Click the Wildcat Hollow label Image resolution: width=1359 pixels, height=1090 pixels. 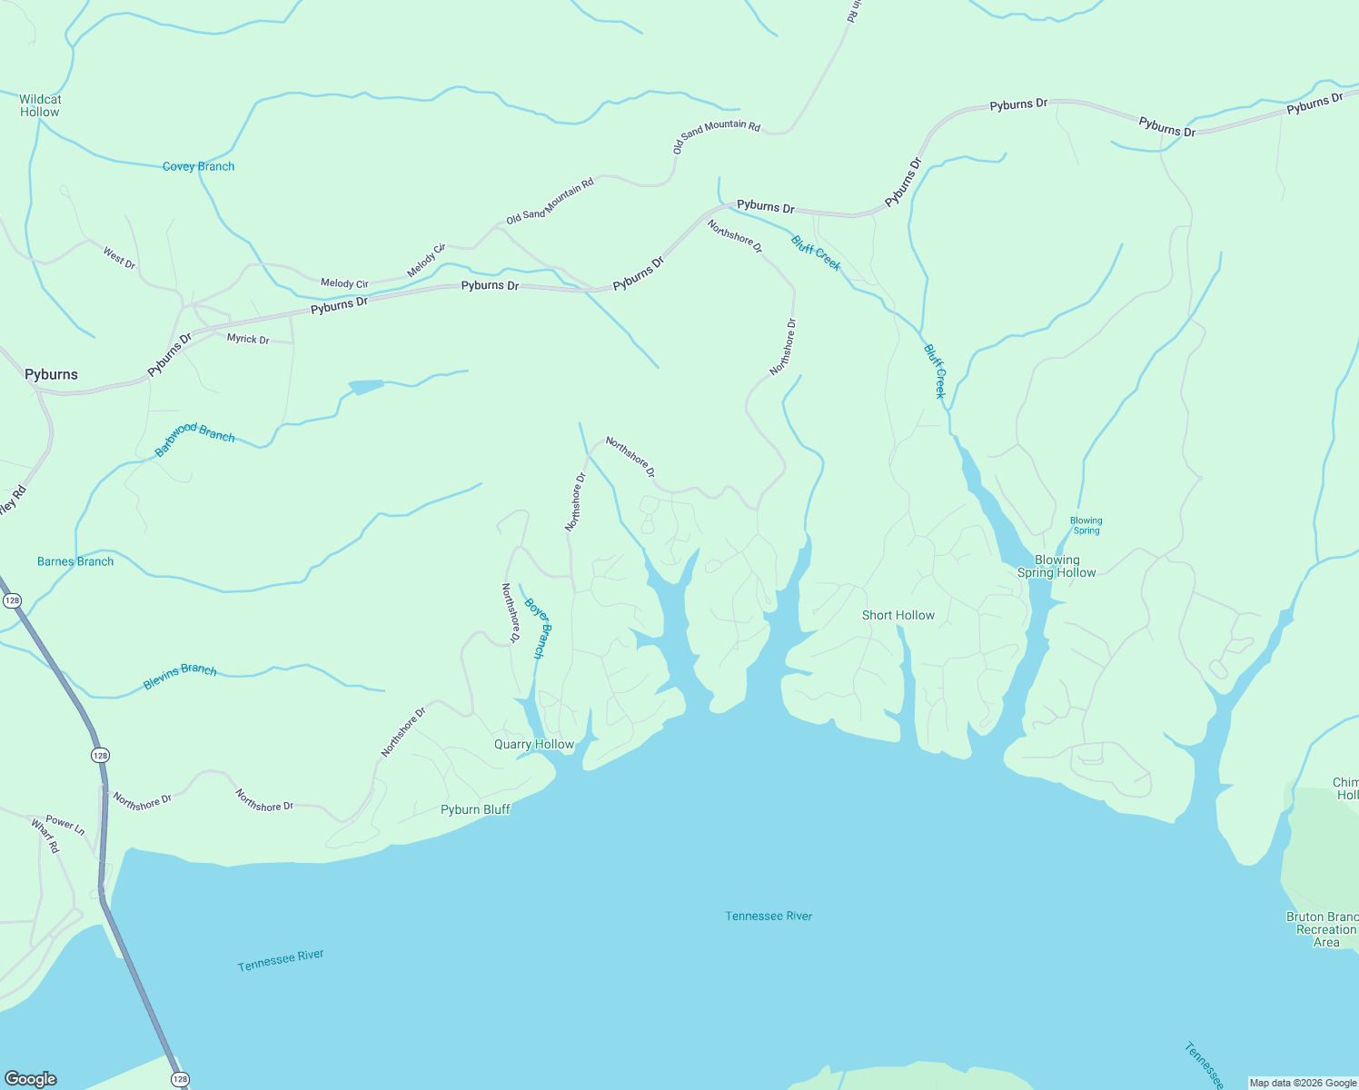tap(40, 105)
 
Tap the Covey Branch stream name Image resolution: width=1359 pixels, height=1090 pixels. tap(198, 166)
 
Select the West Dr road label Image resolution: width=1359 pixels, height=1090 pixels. tap(119, 258)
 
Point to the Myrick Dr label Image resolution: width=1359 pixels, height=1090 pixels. tap(248, 339)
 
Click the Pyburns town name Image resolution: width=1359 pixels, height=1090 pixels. tap(51, 374)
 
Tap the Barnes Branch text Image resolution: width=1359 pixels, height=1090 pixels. tap(75, 561)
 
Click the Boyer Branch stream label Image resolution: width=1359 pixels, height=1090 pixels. tap(538, 627)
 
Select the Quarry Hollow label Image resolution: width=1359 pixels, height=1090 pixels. tap(534, 744)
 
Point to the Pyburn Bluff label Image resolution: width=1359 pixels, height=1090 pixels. tap(475, 809)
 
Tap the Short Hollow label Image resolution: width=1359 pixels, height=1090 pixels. tap(898, 615)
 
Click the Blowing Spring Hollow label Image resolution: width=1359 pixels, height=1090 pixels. tap(1056, 566)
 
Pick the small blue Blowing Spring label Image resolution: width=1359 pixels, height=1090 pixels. tap(1086, 525)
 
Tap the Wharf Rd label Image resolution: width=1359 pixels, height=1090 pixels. tap(45, 836)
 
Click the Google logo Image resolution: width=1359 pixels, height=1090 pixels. tap(31, 1079)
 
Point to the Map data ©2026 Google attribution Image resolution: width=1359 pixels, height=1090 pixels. tap(1303, 1083)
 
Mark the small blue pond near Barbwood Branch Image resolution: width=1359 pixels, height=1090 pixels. tap(365, 387)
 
